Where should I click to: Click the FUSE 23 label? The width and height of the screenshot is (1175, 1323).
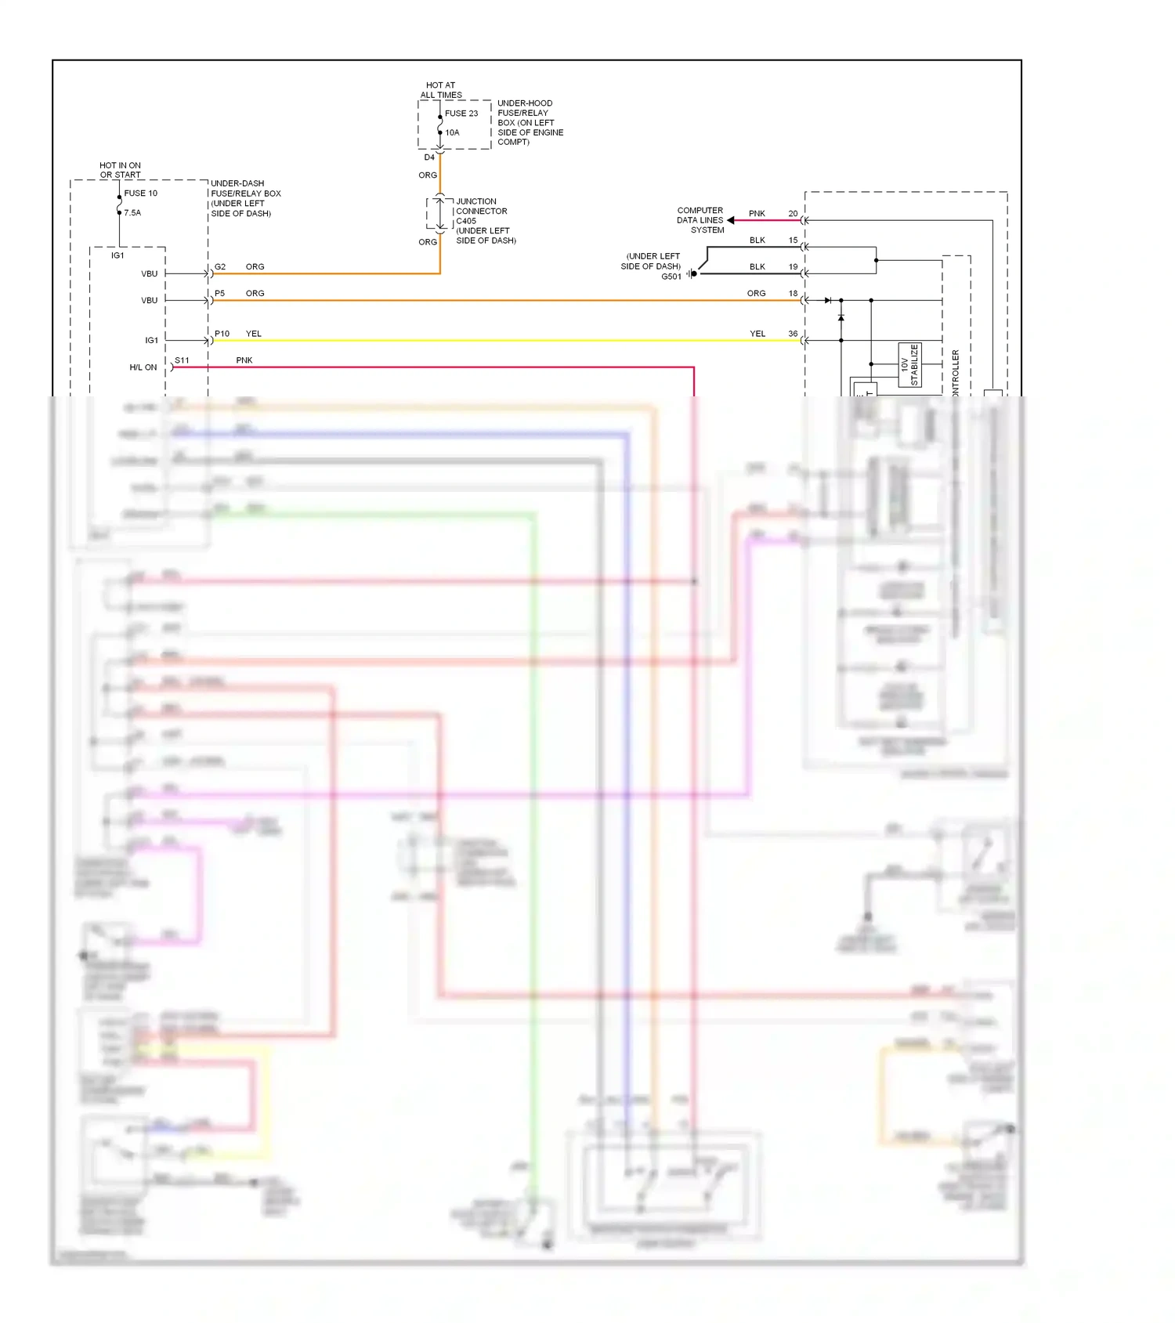[x=461, y=114]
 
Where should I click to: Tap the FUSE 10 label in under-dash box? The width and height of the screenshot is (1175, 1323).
[x=141, y=193]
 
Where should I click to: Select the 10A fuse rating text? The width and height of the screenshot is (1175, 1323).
[x=453, y=133]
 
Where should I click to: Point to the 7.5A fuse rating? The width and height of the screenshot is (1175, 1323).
[x=132, y=213]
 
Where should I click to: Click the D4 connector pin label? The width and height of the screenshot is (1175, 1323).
[x=429, y=157]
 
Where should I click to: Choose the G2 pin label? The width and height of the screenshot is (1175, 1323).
[x=220, y=267]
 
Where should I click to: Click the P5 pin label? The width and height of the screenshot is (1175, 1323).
[x=220, y=294]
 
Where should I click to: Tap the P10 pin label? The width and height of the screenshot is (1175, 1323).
[x=222, y=334]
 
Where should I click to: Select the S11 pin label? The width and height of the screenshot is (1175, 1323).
[x=182, y=360]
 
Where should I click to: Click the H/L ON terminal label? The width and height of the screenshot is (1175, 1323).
[x=143, y=367]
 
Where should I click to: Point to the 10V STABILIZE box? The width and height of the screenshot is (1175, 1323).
[x=909, y=365]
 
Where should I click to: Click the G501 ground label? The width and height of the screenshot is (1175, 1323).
[x=671, y=277]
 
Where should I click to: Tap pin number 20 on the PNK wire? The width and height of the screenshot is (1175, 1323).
[x=793, y=214]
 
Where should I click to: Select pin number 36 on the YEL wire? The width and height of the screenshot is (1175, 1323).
[x=793, y=334]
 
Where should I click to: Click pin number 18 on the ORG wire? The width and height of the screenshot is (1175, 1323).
[x=793, y=294]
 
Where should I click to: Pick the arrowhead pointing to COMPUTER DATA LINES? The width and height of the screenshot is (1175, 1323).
[x=731, y=220]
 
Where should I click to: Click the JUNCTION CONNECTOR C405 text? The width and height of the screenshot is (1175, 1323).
[x=482, y=211]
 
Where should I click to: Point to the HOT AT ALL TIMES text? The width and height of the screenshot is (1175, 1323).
[x=441, y=90]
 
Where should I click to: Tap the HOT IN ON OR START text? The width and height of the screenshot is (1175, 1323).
[x=121, y=170]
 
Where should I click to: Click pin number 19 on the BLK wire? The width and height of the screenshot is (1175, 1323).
[x=793, y=267]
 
